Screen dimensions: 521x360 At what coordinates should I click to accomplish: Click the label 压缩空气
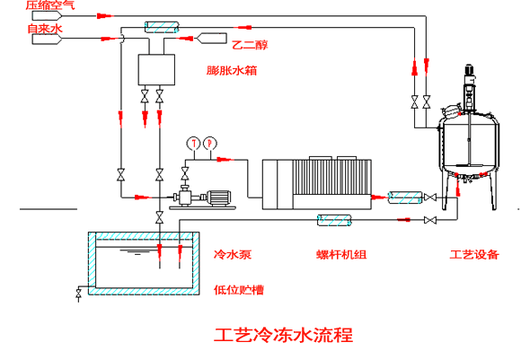pyautogui.click(x=50, y=4)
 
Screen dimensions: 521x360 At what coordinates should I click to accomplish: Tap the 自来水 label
pyautogui.click(x=45, y=29)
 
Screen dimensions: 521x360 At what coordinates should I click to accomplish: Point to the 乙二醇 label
pyautogui.click(x=250, y=45)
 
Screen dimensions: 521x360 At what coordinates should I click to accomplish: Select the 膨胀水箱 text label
pyautogui.click(x=232, y=70)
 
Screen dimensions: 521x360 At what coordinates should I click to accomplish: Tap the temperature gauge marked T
pyautogui.click(x=193, y=143)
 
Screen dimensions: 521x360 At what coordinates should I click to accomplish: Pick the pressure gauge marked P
pyautogui.click(x=209, y=143)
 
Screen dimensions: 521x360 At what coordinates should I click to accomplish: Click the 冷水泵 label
pyautogui.click(x=233, y=255)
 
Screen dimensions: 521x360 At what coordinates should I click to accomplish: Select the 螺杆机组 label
pyautogui.click(x=341, y=255)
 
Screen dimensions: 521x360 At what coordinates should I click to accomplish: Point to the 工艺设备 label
pyautogui.click(x=474, y=255)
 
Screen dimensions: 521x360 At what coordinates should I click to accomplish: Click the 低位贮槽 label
pyautogui.click(x=239, y=290)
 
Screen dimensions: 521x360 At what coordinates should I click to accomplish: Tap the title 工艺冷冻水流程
pyautogui.click(x=284, y=335)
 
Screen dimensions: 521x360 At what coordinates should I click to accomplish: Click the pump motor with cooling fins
pyautogui.click(x=218, y=198)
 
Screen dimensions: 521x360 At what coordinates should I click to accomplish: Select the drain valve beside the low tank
pyautogui.click(x=78, y=294)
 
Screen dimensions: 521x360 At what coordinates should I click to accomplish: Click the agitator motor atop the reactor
pyautogui.click(x=469, y=69)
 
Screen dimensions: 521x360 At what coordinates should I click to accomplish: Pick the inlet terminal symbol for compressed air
pyautogui.click(x=47, y=15)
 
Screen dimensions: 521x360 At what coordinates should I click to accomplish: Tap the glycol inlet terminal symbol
pyautogui.click(x=211, y=39)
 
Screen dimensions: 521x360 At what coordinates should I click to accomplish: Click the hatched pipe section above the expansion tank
pyautogui.click(x=162, y=27)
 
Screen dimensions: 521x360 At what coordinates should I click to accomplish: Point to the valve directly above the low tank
pyautogui.click(x=160, y=218)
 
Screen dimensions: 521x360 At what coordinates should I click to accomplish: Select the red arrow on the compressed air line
pyautogui.click(x=105, y=15)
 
